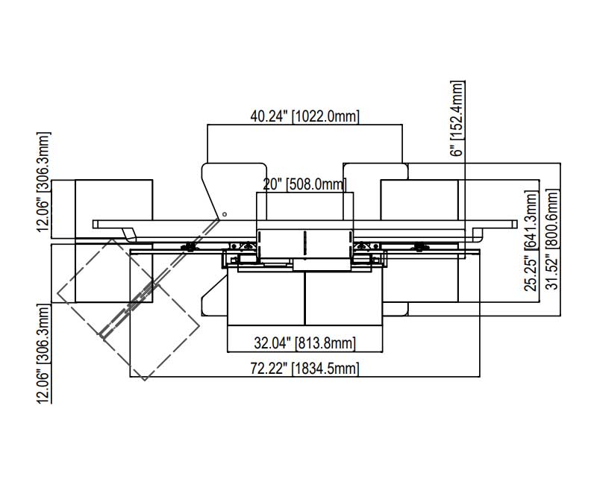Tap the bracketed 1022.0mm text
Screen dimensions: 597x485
(325, 116)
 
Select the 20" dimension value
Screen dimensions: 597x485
(272, 184)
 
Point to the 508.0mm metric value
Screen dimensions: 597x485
(316, 184)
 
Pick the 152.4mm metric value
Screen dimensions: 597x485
(457, 110)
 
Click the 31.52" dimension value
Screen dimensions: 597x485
(551, 272)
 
